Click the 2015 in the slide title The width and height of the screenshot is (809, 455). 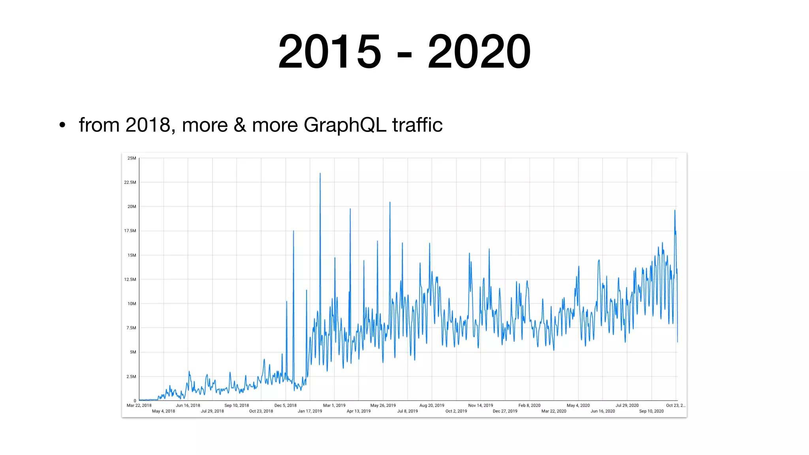[x=329, y=52]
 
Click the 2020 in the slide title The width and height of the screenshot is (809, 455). [x=479, y=52]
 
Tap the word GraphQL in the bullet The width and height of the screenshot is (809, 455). [x=345, y=125]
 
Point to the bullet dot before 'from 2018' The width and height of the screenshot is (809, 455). [x=62, y=125]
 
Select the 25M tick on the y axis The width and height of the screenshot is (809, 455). [x=132, y=158]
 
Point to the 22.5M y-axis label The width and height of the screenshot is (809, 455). [x=130, y=182]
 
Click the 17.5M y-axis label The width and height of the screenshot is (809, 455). [x=130, y=231]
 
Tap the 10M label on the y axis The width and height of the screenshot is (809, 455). [x=132, y=304]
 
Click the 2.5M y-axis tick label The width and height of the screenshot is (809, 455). [x=131, y=376]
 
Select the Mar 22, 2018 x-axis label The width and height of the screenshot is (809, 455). [x=139, y=405]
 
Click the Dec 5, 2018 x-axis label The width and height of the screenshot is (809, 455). [x=285, y=405]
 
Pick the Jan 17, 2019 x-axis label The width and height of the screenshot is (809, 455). [x=310, y=411]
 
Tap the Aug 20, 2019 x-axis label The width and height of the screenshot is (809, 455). [x=431, y=405]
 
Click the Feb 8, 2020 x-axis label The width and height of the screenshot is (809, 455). [x=529, y=405]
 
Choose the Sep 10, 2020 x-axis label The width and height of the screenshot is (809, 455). [x=651, y=411]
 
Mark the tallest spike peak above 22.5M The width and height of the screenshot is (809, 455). [x=320, y=173]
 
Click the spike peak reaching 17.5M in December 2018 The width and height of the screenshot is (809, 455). [x=293, y=231]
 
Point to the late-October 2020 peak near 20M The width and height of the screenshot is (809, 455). [x=675, y=211]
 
